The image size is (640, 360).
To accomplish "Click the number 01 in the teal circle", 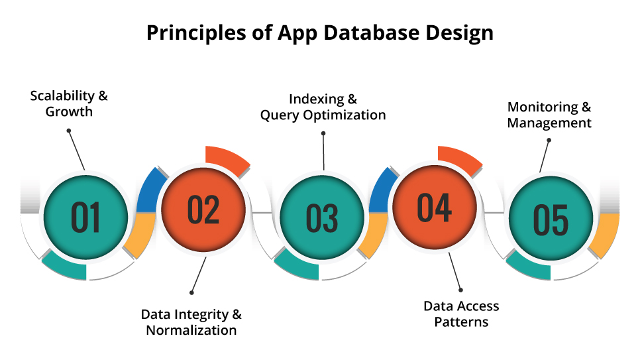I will coord(85,217).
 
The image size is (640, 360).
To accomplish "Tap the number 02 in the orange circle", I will coord(203,209).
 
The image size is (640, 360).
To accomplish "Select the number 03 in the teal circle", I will coord(322,217).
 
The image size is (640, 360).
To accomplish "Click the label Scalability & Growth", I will coord(69,103).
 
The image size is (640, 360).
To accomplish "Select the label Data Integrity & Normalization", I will coord(191,322).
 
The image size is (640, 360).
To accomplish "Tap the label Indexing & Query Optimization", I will coord(323,107).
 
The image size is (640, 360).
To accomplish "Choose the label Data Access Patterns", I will coord(461,314).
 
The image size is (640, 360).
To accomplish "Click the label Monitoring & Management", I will coord(549,115).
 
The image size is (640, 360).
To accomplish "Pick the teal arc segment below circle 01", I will coord(65,267).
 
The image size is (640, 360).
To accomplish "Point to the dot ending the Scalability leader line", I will coord(68,131).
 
